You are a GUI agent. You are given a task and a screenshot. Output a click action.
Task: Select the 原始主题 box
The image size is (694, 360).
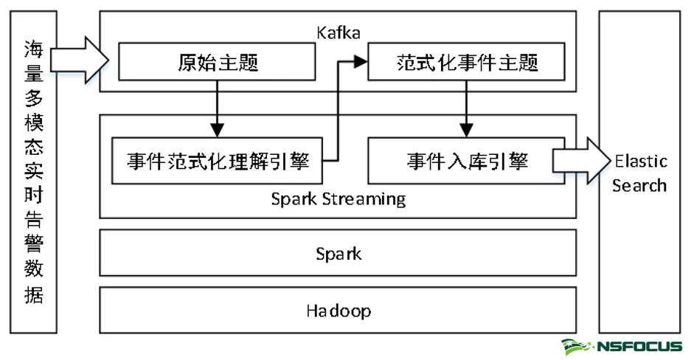tap(218, 62)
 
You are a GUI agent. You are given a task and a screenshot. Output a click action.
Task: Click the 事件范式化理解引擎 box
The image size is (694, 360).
tap(218, 161)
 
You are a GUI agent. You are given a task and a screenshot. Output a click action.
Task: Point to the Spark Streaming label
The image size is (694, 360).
tap(338, 199)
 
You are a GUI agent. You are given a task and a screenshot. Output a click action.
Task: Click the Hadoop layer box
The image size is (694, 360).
tap(338, 311)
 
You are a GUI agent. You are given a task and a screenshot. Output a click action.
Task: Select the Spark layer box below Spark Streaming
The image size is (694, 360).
tap(338, 254)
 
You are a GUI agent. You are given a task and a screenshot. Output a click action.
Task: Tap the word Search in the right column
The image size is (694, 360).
tap(639, 184)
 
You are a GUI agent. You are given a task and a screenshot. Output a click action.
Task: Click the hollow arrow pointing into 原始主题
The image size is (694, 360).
tap(80, 59)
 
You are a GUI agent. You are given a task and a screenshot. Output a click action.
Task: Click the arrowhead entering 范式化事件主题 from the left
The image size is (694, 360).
tap(361, 62)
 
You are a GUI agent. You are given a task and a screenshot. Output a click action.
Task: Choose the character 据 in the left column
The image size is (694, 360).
tap(33, 295)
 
